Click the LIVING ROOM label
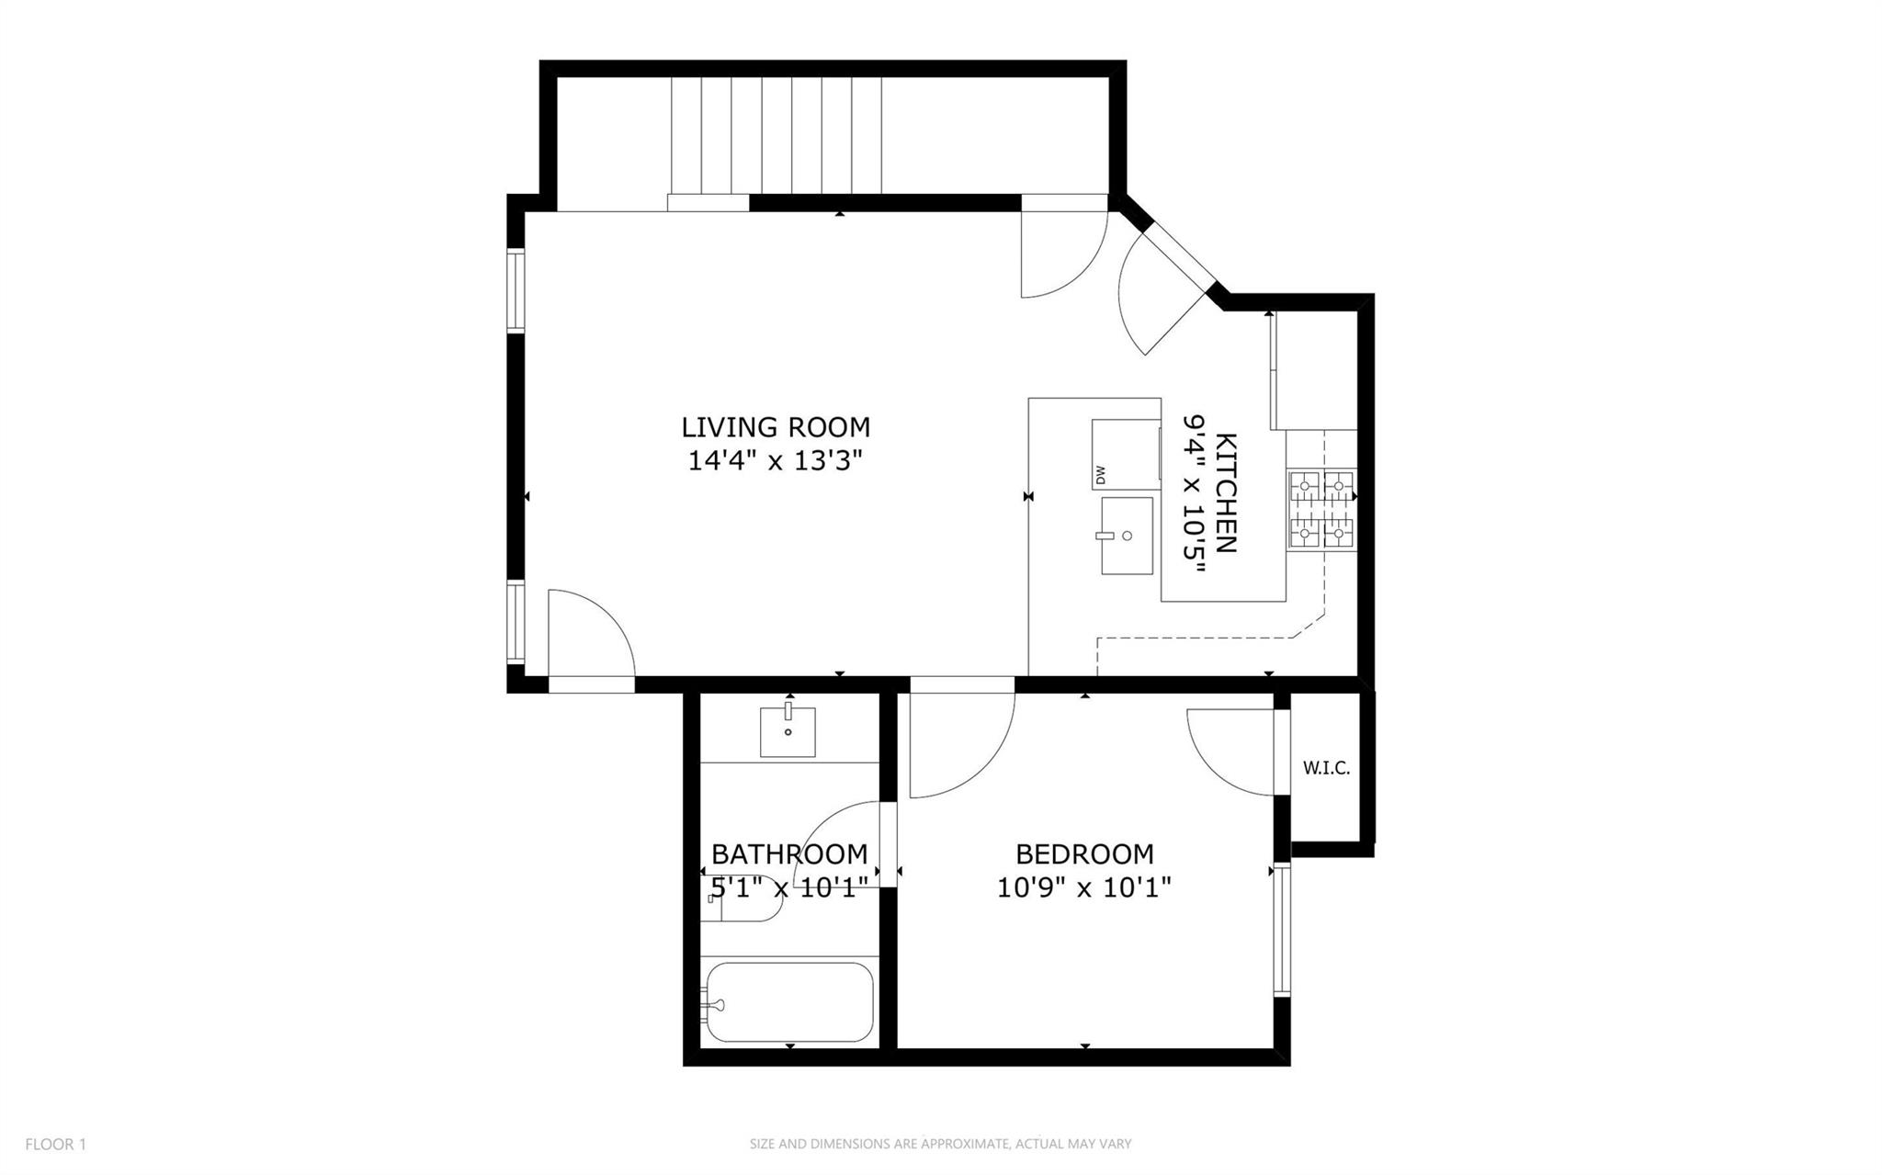pyautogui.click(x=776, y=427)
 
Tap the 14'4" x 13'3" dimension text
pyautogui.click(x=776, y=460)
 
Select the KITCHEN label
pyautogui.click(x=1226, y=492)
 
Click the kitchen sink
pyautogui.click(x=1127, y=536)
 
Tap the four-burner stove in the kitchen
pyautogui.click(x=1321, y=510)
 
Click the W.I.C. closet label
pyautogui.click(x=1326, y=768)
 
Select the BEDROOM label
pyautogui.click(x=1084, y=854)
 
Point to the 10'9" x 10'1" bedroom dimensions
pyautogui.click(x=1084, y=888)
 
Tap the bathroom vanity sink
pyautogui.click(x=788, y=731)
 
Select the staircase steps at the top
pyautogui.click(x=777, y=135)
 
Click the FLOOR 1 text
pyautogui.click(x=55, y=1144)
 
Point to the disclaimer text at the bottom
pyautogui.click(x=940, y=1144)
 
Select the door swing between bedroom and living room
pyautogui.click(x=960, y=745)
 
